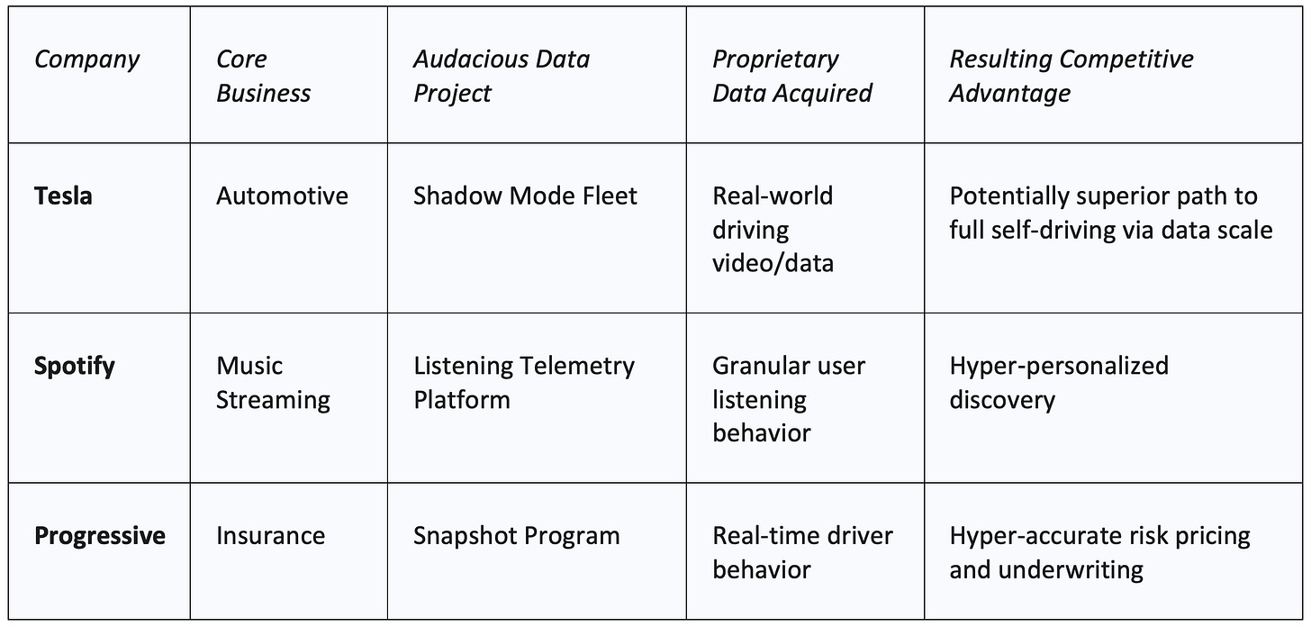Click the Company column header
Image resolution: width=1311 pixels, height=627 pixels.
coord(86,59)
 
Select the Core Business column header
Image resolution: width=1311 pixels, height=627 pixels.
coord(263,76)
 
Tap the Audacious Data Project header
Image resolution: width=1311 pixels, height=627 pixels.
coord(501,76)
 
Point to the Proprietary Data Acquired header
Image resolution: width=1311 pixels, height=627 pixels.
coord(791,76)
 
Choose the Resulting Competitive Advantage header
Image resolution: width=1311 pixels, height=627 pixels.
coord(1071,76)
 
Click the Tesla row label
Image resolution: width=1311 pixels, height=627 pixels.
coord(63,195)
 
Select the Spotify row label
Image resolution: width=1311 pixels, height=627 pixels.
coord(75,366)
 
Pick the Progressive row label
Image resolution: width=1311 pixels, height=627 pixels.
coord(100,536)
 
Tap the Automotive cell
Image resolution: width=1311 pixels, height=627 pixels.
coord(282,195)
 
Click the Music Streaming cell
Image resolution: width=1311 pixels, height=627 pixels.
coord(273,382)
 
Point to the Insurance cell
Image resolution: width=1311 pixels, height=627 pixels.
coord(270,536)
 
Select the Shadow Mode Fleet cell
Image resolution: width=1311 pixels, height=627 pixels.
coord(525,195)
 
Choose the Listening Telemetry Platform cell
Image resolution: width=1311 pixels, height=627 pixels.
coord(523,382)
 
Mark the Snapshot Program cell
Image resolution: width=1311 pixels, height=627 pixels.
coord(516,536)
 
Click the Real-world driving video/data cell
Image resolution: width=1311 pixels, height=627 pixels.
coord(773,229)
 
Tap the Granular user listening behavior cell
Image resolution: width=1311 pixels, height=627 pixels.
coord(788,399)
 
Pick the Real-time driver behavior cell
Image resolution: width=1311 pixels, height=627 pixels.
coord(802,552)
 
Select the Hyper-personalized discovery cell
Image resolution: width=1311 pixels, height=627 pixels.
coord(1058,382)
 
